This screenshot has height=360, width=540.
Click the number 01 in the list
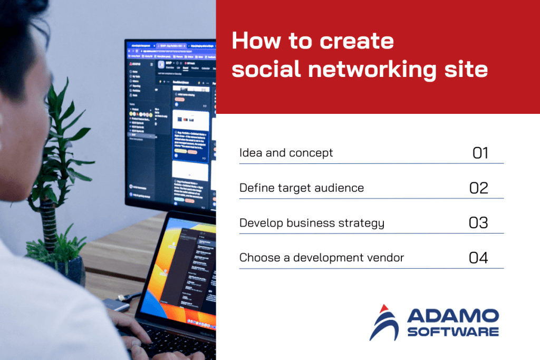(480, 153)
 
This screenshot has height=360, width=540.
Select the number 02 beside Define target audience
(478, 188)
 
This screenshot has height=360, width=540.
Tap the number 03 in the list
(478, 223)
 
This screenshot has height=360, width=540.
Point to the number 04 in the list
(478, 258)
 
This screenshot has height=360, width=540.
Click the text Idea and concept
(286, 153)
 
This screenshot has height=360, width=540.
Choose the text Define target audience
(301, 188)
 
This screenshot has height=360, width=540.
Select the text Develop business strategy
(312, 223)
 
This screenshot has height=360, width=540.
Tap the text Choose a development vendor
(322, 258)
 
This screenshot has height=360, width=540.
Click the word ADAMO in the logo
(453, 316)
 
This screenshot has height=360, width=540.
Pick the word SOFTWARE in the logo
(453, 332)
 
